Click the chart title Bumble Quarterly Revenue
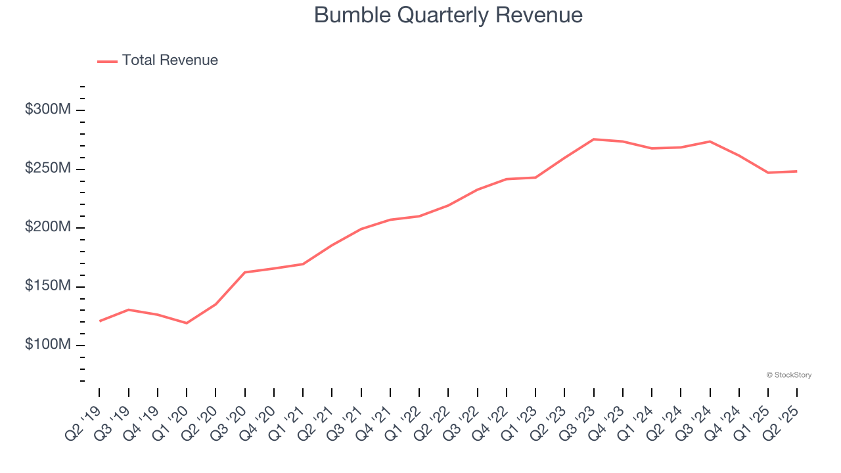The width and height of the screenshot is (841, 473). tap(448, 14)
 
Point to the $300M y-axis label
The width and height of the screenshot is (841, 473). tap(48, 110)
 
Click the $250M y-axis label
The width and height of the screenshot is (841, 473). tap(48, 168)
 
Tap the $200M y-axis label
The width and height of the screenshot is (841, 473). tap(48, 227)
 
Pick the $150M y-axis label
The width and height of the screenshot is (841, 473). tap(48, 286)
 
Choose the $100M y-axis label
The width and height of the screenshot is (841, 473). tap(48, 345)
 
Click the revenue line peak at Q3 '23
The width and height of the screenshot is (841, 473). tap(593, 139)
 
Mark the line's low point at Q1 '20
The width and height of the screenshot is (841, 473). tap(187, 323)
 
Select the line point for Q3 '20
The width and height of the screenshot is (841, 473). tap(244, 272)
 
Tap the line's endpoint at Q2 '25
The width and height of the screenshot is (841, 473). tap(797, 171)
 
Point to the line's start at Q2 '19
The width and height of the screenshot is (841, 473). tap(99, 321)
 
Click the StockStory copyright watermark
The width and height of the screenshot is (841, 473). tap(788, 375)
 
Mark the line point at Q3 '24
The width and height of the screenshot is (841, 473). tap(710, 141)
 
